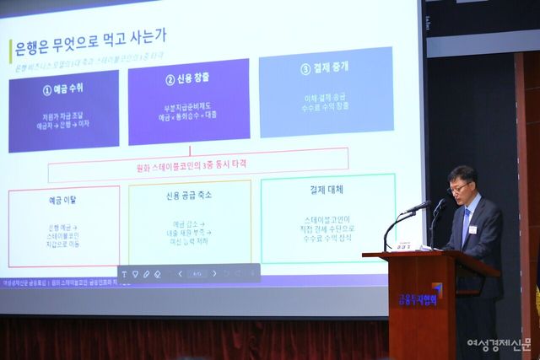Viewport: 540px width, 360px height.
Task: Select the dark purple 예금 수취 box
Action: pyautogui.click(x=63, y=110)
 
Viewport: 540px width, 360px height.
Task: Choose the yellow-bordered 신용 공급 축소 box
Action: pyautogui.click(x=190, y=223)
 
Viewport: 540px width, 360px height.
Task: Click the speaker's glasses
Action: pyautogui.click(x=461, y=187)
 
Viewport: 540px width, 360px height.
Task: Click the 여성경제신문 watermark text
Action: pyautogui.click(x=499, y=345)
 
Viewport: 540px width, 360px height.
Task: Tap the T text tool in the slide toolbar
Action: pyautogui.click(x=123, y=274)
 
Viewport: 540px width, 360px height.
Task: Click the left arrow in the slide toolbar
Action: pyautogui.click(x=180, y=274)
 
